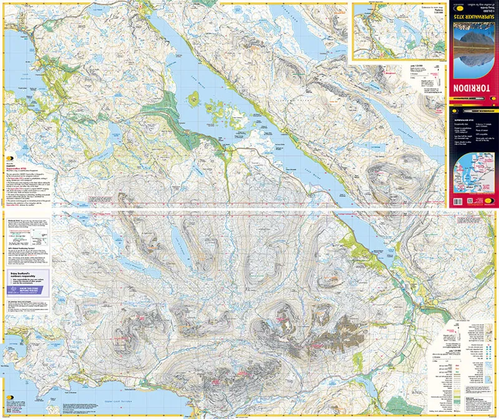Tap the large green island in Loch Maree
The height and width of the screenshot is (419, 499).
194,97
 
